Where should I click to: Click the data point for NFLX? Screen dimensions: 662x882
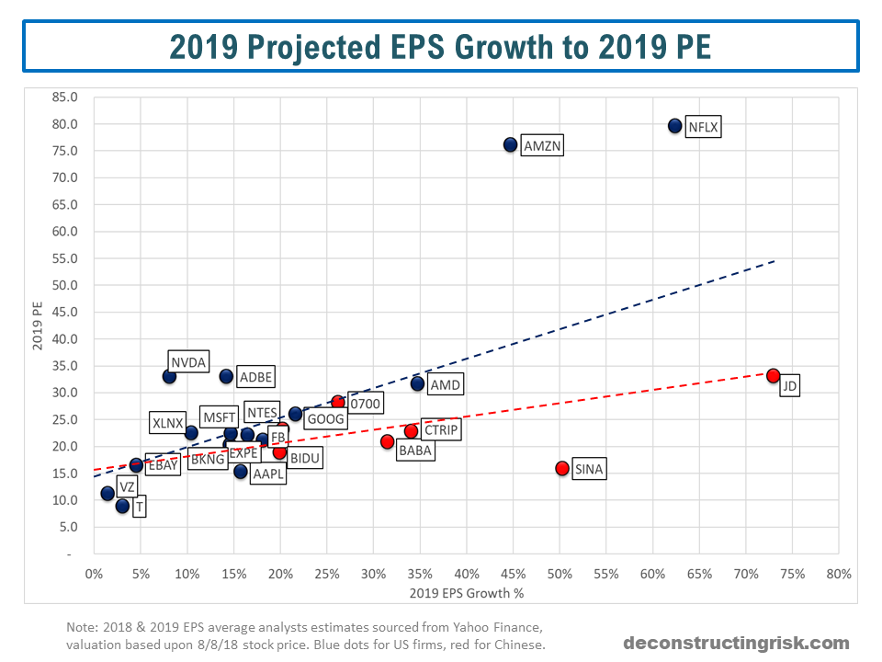pyautogui.click(x=675, y=126)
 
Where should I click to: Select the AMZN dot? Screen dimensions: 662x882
pyautogui.click(x=511, y=144)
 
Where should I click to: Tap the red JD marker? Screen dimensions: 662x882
pyautogui.click(x=773, y=376)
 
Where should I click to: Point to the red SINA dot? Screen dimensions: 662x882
pyautogui.click(x=562, y=468)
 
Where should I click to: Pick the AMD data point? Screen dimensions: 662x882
pyautogui.click(x=417, y=383)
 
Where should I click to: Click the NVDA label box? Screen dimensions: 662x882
pyautogui.click(x=189, y=360)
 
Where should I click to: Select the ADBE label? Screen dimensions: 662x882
pyautogui.click(x=255, y=377)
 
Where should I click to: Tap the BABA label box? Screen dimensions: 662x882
pyautogui.click(x=414, y=451)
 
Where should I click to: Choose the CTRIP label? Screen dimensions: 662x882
pyautogui.click(x=441, y=429)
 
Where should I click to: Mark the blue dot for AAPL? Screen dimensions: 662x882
pyautogui.click(x=241, y=472)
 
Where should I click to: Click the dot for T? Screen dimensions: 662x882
pyautogui.click(x=122, y=506)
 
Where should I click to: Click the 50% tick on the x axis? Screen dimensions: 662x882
pyautogui.click(x=560, y=574)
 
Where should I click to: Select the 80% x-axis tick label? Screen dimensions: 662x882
pyautogui.click(x=838, y=574)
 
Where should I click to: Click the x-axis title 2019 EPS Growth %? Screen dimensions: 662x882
pyautogui.click(x=467, y=593)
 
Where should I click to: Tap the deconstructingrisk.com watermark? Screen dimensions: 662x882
pyautogui.click(x=737, y=643)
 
